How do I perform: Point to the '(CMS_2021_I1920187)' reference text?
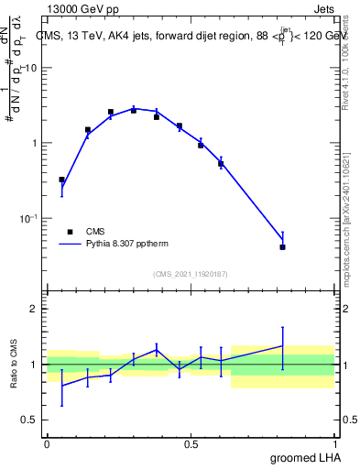(191, 274)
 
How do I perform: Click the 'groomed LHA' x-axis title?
(307, 457)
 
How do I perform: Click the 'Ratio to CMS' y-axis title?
(16, 365)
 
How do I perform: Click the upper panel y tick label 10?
(30, 69)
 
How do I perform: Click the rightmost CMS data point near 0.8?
(283, 246)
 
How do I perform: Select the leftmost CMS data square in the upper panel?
(61, 180)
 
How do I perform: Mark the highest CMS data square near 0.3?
(134, 110)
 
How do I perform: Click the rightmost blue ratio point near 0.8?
(283, 345)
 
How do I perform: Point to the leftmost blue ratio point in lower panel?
(61, 385)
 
